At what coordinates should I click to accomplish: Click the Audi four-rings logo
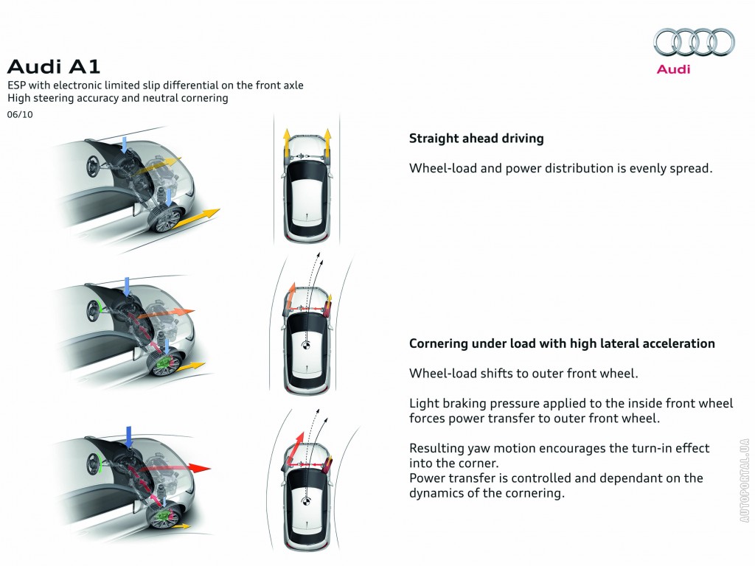[694, 42]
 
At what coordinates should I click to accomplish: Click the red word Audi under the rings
[673, 69]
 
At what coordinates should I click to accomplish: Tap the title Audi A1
[54, 67]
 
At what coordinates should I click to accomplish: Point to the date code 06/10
[20, 114]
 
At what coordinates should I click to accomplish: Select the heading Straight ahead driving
[476, 139]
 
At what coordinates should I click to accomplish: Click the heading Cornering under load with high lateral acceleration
[562, 343]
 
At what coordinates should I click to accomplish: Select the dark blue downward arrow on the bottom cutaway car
[128, 436]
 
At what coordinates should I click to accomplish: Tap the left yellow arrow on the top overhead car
[286, 141]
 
